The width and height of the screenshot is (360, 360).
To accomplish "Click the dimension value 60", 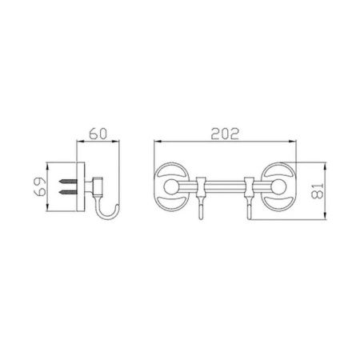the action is click(98, 134).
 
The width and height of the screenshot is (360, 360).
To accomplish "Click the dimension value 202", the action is click(225, 134).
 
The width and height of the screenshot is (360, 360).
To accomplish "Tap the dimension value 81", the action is click(318, 190).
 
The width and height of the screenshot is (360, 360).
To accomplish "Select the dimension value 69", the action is click(41, 186).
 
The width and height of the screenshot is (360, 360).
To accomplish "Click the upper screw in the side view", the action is click(68, 182).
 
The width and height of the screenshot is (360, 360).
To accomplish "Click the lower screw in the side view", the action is click(68, 191).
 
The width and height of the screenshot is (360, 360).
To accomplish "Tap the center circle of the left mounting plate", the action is click(170, 186).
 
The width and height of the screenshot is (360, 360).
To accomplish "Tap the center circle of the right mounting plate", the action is click(279, 186).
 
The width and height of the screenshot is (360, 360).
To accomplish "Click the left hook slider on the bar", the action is click(202, 186).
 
